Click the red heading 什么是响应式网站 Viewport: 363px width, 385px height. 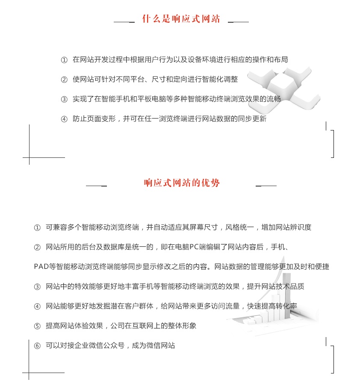click(x=181, y=19)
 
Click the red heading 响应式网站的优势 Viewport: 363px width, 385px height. click(x=182, y=183)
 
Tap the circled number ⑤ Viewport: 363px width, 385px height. click(x=37, y=326)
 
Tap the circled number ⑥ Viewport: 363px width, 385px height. click(x=37, y=346)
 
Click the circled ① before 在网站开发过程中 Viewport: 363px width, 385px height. click(x=64, y=60)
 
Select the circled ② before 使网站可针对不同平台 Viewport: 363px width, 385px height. click(x=64, y=80)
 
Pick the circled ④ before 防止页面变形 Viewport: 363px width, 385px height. click(x=64, y=119)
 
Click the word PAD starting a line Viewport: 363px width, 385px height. click(x=41, y=267)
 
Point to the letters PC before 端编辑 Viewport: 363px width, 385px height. click(x=194, y=247)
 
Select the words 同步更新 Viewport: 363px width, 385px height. click(x=252, y=119)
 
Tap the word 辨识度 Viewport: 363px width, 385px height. click(x=301, y=227)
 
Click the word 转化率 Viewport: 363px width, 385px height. click(x=286, y=306)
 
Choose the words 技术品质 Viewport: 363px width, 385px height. click(x=290, y=286)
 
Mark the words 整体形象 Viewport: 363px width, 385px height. click(x=182, y=326)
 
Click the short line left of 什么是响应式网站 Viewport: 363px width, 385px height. click(x=124, y=22)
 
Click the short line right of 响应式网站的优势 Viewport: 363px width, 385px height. click(x=266, y=186)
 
